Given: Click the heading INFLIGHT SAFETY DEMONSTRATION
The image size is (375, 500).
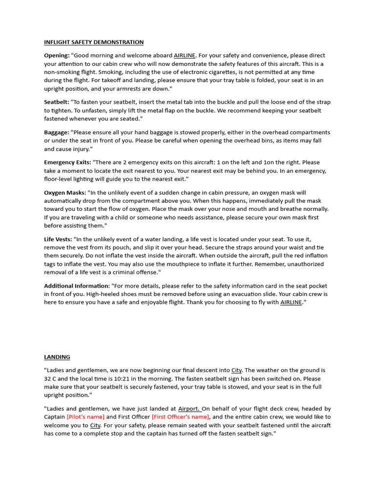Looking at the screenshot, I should pos(94,42).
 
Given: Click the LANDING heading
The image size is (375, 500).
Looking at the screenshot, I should pos(57,357).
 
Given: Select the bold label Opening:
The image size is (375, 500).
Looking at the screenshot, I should pos(57,56).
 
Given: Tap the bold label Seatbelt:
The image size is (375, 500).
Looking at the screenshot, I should pos(58,102).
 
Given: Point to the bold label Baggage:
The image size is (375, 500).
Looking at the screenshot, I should pos(57,132).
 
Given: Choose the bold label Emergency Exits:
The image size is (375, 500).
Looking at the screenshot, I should pos(67,162).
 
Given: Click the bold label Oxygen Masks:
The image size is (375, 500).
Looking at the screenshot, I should pos(65,192).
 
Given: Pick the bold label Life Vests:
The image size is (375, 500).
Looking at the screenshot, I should pos(58,239).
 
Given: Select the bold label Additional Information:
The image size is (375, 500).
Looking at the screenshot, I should pos(77,286).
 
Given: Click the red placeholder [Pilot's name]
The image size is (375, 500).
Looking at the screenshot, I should pos(85,417).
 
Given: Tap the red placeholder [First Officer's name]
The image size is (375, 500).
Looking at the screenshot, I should pos(181,417).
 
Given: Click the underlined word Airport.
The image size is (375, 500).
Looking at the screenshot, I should pos(189,409).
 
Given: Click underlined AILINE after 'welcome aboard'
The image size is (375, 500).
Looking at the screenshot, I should pos(184,56).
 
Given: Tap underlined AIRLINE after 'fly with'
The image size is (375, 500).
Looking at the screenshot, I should pos(291,303).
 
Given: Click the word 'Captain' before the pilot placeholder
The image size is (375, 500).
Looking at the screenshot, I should pos(55,417).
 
